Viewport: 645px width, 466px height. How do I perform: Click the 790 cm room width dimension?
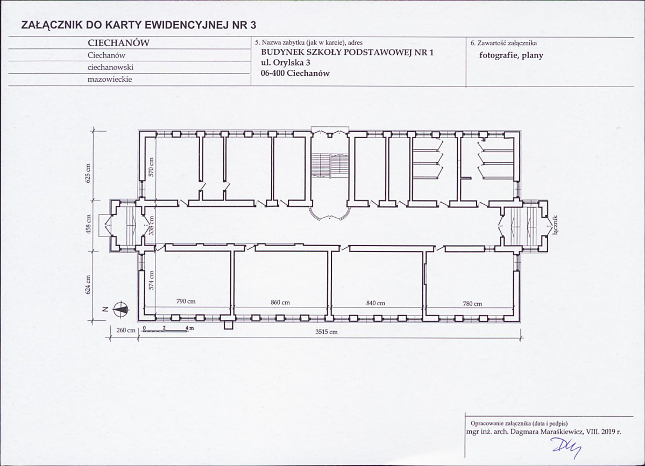tap(186, 301)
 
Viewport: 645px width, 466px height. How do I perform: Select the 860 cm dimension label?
tap(280, 303)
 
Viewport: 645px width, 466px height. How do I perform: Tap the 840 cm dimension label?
tap(375, 303)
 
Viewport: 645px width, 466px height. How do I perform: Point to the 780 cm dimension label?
tap(472, 304)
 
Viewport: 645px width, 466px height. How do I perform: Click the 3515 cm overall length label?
tap(326, 332)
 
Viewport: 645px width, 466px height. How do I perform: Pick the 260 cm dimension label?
tap(125, 331)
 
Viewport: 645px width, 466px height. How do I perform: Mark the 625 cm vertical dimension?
tap(87, 174)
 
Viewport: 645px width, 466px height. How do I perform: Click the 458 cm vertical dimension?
tap(88, 224)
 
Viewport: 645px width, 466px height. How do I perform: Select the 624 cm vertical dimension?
tap(88, 285)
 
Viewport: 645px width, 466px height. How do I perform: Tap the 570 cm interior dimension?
tap(151, 167)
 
